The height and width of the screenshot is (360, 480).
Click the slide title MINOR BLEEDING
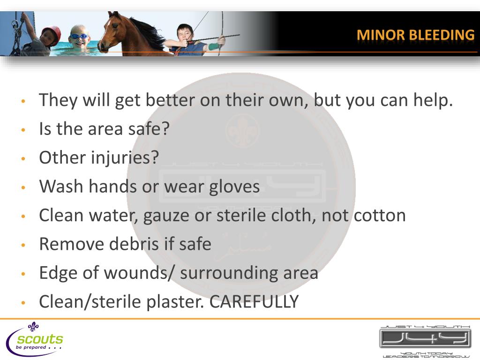[x=415, y=35]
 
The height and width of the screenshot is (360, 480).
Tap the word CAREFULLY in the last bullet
[x=254, y=302]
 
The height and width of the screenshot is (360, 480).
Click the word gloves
[x=235, y=187]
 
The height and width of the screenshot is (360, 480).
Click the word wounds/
[x=141, y=273]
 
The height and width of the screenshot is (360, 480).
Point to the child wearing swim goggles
[x=79, y=37]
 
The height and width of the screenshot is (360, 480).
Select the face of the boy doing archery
[x=183, y=33]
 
